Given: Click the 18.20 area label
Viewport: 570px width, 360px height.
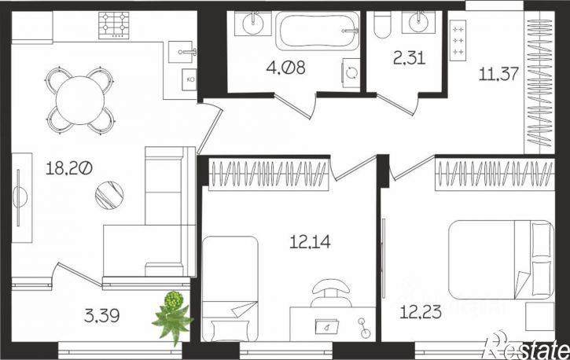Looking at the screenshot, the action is (x=69, y=168).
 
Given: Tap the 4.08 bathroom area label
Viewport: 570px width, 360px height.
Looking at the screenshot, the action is (x=285, y=68).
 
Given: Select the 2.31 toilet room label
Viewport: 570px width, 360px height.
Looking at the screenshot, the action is (x=410, y=57).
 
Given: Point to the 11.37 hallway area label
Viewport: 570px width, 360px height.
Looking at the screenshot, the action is (x=498, y=74).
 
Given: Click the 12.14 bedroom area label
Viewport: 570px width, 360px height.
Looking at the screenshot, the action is (x=310, y=241).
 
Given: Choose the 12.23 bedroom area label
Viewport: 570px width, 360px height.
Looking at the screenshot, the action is (x=421, y=312).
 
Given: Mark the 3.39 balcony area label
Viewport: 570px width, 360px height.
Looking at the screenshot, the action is (x=101, y=315).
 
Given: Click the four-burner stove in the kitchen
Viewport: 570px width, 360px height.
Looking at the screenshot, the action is (x=114, y=25).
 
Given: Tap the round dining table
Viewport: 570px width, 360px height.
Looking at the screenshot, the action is (x=80, y=101).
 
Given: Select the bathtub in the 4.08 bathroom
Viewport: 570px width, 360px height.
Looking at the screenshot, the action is (x=318, y=31).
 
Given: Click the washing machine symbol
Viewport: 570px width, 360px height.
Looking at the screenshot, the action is (x=351, y=73).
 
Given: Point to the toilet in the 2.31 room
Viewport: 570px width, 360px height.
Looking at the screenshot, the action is (x=382, y=24).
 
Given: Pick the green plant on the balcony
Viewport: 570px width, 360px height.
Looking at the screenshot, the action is (x=173, y=315).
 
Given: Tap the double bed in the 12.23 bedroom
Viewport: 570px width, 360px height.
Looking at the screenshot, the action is (x=501, y=259).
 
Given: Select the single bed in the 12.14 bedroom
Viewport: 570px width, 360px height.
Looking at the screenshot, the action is (x=230, y=288).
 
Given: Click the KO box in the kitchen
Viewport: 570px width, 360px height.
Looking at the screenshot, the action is (x=189, y=79).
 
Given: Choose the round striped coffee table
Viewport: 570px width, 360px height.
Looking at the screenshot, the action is (x=109, y=195).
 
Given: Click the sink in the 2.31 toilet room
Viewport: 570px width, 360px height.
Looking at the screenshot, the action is (x=418, y=23).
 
